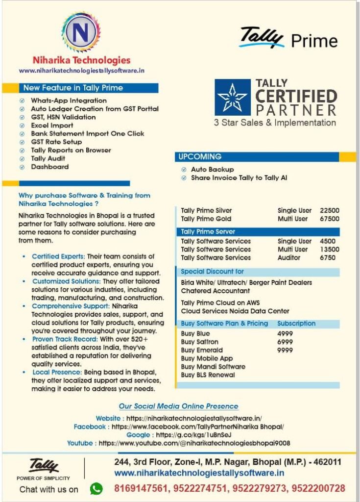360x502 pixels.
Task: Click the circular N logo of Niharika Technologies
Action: (x=81, y=33)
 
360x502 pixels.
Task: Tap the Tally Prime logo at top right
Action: (x=288, y=38)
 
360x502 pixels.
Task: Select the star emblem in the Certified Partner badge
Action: (x=232, y=98)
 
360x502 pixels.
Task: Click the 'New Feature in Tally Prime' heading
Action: (x=73, y=88)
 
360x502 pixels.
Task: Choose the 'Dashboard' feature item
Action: (x=49, y=167)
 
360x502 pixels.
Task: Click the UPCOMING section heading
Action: (x=200, y=157)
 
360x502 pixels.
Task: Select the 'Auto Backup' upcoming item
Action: (x=212, y=170)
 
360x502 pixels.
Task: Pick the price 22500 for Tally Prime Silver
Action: (x=329, y=211)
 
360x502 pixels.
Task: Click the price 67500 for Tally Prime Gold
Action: (x=329, y=219)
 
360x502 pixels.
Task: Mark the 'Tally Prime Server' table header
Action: (x=208, y=231)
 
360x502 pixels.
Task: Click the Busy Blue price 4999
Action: (x=285, y=334)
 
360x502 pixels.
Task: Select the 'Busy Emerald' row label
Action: (x=202, y=351)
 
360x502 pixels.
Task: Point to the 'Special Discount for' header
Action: (x=212, y=272)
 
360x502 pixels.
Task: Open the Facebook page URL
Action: (x=198, y=427)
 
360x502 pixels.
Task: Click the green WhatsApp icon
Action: (x=96, y=488)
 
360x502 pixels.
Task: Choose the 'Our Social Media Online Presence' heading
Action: (x=179, y=406)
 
